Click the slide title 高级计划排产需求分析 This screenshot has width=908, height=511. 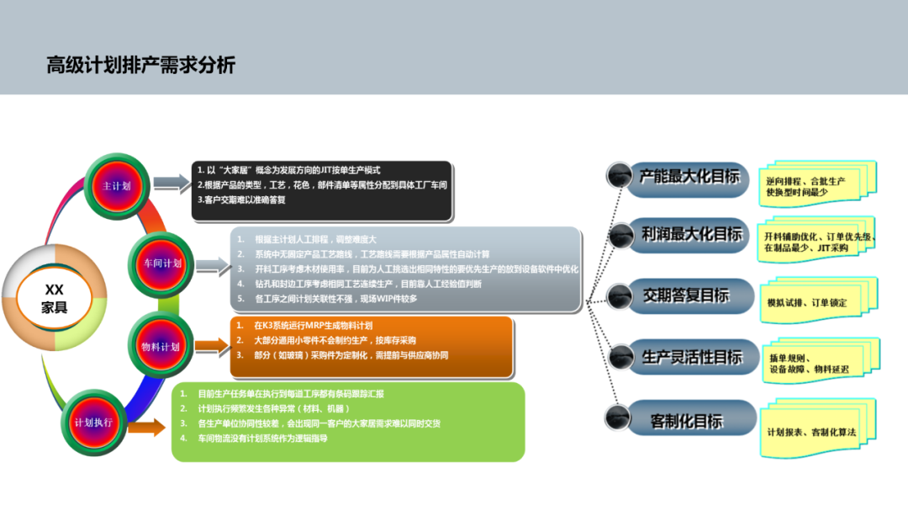[x=141, y=65]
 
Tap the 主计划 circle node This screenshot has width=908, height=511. [x=116, y=186]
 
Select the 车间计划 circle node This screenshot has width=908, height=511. [x=161, y=263]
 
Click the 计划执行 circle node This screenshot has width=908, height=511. [x=93, y=421]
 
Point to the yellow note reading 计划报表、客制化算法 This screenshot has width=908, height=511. [x=811, y=432]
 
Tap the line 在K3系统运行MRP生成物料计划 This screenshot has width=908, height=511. [x=314, y=325]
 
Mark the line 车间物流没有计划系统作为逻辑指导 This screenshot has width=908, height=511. [x=262, y=439]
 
